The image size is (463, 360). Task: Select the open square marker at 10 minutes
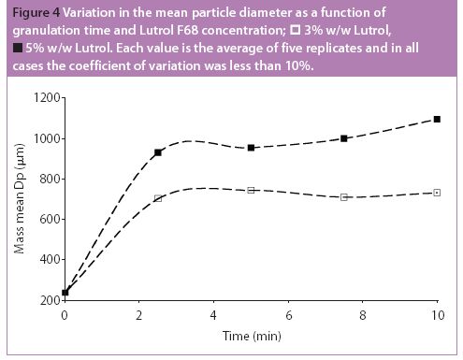437,193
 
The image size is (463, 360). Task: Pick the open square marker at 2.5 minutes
158,198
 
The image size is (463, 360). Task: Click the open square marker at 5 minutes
252,190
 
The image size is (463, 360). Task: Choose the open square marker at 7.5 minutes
344,197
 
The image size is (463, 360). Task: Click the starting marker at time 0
65,293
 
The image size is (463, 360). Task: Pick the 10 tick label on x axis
437,315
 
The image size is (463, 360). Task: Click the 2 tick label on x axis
139,315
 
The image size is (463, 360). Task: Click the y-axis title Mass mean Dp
18,199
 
